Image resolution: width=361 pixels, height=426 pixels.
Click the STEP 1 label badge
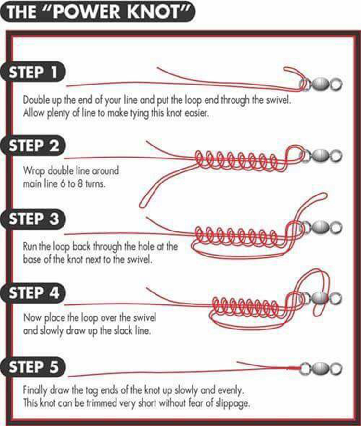tap(33, 72)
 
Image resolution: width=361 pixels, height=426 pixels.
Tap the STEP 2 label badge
tap(33, 146)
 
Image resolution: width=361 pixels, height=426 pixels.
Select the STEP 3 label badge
tap(33, 219)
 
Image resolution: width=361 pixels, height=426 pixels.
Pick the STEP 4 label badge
tap(33, 293)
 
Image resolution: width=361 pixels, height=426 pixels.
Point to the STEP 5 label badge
tap(33, 367)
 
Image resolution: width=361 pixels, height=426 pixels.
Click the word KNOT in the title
tap(155, 12)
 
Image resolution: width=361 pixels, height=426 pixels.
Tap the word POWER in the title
tap(86, 12)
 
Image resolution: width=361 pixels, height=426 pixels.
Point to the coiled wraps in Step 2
tap(237, 160)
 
